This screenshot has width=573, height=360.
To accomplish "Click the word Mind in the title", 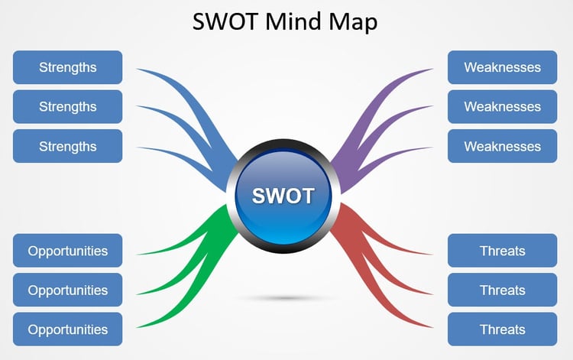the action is click(x=294, y=21).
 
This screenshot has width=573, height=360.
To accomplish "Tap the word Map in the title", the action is click(x=353, y=23).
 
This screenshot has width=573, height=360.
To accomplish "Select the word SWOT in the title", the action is click(x=225, y=21).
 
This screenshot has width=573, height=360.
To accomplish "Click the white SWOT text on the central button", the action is click(x=283, y=196).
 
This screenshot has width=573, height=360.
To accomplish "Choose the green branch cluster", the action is click(x=215, y=238).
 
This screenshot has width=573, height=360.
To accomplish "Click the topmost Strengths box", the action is click(x=67, y=67).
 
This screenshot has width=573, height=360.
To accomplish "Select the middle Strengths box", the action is click(x=67, y=107).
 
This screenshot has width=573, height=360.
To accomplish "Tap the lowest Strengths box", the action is click(x=67, y=146).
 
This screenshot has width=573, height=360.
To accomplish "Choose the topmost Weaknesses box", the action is click(x=503, y=67).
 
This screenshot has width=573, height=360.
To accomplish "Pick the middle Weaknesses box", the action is click(x=503, y=107).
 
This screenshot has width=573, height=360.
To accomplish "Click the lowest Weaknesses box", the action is click(x=503, y=146).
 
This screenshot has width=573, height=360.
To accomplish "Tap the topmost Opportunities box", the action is click(x=67, y=251).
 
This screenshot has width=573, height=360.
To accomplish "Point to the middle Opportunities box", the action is click(x=67, y=290).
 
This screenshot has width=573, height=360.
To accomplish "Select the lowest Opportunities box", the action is click(x=67, y=329).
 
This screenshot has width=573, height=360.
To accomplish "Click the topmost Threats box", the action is click(x=503, y=251).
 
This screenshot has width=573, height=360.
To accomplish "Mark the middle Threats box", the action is click(x=503, y=290).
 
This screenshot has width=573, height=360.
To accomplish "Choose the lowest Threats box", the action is click(x=503, y=329).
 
